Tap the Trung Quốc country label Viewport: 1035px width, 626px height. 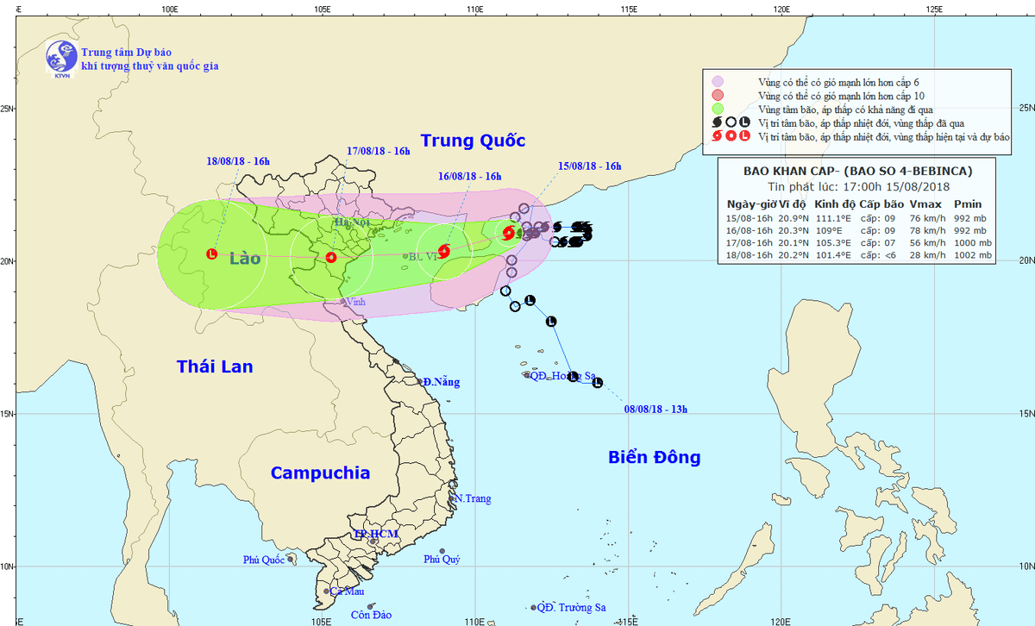[x=473, y=141]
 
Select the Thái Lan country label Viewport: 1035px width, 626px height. [x=215, y=366]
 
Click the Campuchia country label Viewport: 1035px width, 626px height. [x=320, y=473]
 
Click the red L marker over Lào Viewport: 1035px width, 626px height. [x=211, y=254]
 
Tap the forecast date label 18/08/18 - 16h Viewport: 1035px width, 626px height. [x=239, y=161]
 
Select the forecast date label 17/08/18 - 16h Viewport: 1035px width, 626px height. [x=379, y=151]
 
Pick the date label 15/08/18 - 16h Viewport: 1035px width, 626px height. [x=590, y=166]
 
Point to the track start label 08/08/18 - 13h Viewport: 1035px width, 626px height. [x=656, y=409]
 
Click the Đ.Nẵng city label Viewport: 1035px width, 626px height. [x=442, y=382]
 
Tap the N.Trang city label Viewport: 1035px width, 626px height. [x=473, y=499]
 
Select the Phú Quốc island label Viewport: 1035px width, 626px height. [x=263, y=560]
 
